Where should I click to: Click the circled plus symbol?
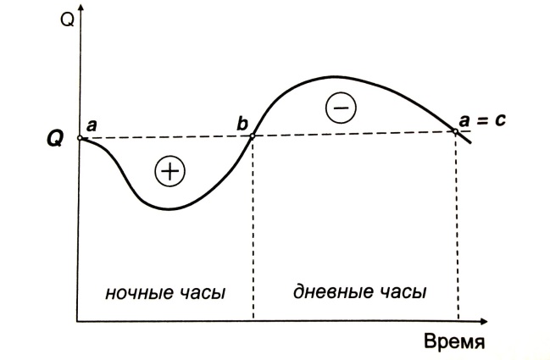pos(169,172)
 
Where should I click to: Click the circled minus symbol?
pos(342,108)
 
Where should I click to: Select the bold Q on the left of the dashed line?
pos(53,138)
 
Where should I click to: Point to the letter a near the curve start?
pos(92,125)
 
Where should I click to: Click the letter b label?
pos(242,123)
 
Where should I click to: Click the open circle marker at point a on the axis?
pos(79,138)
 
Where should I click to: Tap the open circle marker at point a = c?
pos(457,131)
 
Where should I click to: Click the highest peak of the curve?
pos(325,76)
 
